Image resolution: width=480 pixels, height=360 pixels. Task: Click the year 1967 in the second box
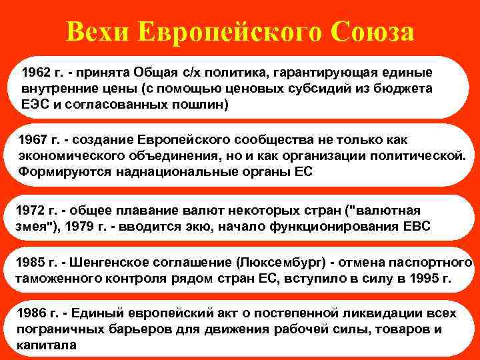32,141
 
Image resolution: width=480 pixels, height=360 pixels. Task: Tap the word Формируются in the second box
57,171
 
